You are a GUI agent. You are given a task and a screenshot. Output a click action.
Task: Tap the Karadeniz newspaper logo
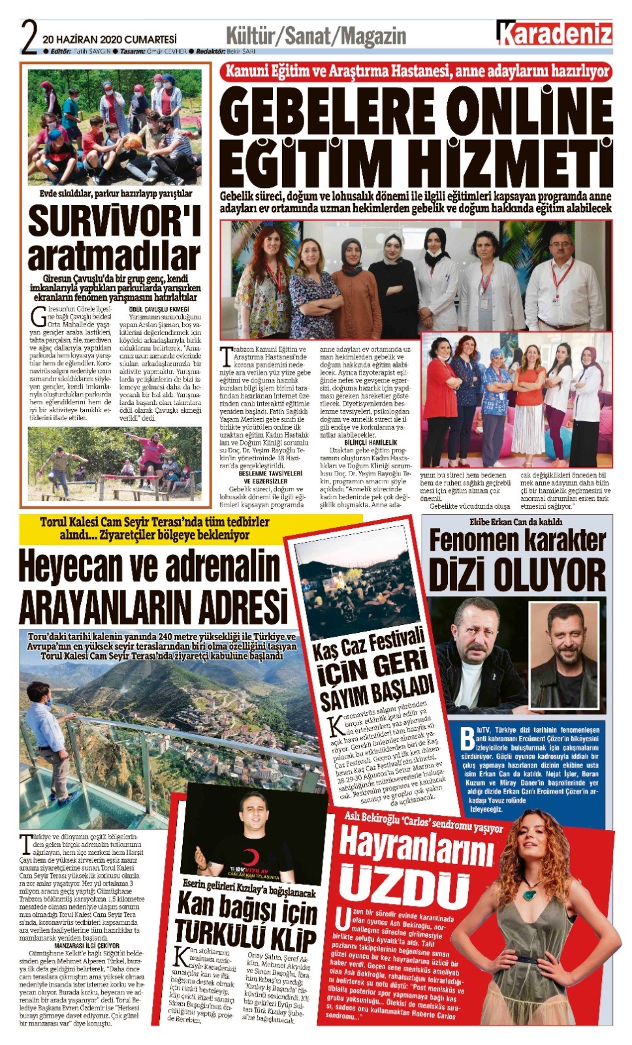[554, 33]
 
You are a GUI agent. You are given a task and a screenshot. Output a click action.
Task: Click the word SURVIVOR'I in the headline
[114, 221]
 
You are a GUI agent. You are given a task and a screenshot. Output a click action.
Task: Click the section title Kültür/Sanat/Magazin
[315, 36]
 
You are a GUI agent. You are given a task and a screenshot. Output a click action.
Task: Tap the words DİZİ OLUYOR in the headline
[517, 574]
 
